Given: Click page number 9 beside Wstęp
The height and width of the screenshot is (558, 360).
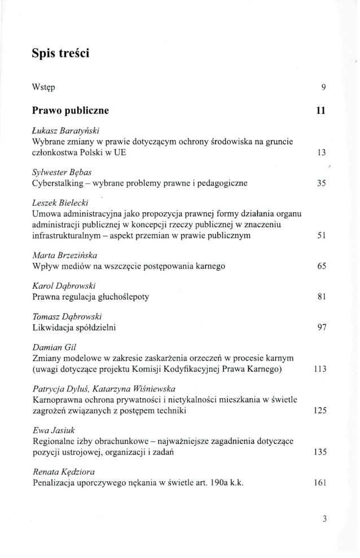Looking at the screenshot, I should pyautogui.click(x=324, y=87).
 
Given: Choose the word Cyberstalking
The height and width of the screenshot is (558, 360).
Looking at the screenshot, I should pyautogui.click(x=60, y=183).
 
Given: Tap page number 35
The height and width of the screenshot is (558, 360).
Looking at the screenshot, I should pyautogui.click(x=322, y=183).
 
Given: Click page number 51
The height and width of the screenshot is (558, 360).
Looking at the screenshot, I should pyautogui.click(x=322, y=235).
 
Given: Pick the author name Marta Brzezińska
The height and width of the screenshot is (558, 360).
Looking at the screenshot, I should pyautogui.click(x=65, y=255).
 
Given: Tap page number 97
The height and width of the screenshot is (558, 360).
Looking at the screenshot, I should pyautogui.click(x=322, y=328).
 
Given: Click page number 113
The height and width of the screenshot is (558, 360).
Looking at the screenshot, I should pyautogui.click(x=320, y=368).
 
